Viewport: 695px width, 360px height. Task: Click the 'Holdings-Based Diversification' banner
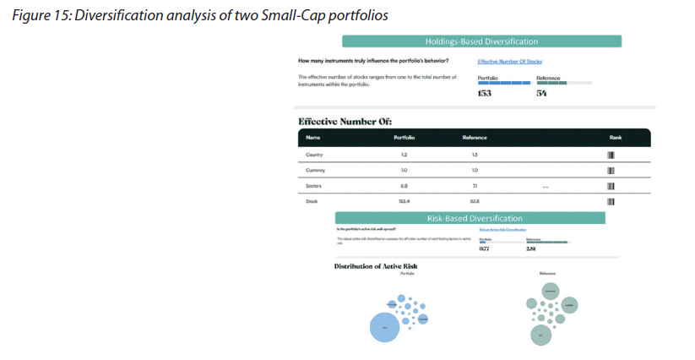[x=481, y=41]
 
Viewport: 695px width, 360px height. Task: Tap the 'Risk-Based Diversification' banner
[x=470, y=218]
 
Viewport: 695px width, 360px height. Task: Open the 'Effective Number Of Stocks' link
[x=509, y=62]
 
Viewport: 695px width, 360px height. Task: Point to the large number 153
[x=485, y=94]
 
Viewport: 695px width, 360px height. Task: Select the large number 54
[x=541, y=94]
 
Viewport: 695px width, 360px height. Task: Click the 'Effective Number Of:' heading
[x=345, y=121]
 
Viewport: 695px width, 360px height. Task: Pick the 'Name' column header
[x=312, y=138]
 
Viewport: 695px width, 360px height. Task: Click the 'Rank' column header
[x=615, y=138]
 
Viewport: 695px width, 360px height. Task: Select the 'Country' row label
[x=314, y=155]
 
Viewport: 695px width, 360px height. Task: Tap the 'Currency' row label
[x=315, y=171]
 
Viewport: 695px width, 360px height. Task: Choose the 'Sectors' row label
[x=314, y=186]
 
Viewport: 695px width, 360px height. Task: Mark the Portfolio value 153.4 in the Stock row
[x=404, y=201]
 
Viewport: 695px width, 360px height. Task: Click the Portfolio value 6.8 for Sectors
[x=404, y=186]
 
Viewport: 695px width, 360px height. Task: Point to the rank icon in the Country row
[x=611, y=155]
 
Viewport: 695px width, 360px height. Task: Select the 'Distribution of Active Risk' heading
[x=375, y=266]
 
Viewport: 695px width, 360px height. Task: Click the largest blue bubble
[x=384, y=327]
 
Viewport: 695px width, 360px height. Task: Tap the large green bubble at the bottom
[x=541, y=335]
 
